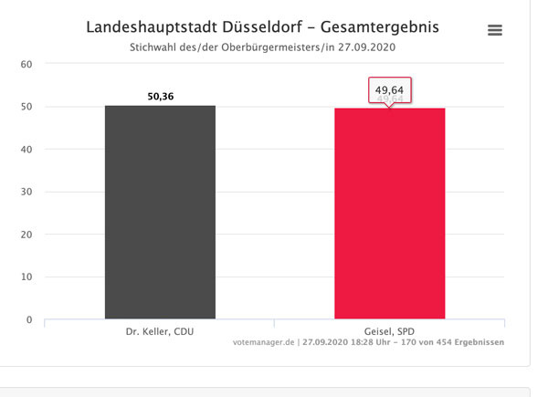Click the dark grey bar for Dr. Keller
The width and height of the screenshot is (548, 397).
(x=160, y=213)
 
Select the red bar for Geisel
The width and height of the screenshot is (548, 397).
(x=390, y=214)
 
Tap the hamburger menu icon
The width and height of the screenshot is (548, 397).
(x=495, y=30)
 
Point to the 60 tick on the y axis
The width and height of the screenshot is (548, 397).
(x=26, y=64)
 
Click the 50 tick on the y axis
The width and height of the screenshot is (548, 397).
(x=26, y=107)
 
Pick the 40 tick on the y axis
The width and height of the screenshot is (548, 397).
(x=26, y=149)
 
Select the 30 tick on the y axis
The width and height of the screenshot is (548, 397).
(x=26, y=192)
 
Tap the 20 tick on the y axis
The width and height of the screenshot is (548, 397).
(x=26, y=235)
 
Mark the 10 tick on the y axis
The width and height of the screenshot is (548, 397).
(x=26, y=277)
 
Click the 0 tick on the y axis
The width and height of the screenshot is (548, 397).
(x=29, y=319)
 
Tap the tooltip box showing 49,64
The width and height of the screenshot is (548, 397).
(x=390, y=90)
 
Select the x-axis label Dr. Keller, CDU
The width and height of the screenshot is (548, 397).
(x=160, y=331)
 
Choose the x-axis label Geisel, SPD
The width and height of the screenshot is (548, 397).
(x=390, y=331)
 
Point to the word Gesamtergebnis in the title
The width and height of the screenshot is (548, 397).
(x=385, y=27)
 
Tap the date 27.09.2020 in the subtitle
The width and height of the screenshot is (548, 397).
(x=369, y=47)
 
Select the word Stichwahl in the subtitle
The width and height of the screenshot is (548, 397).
(x=162, y=47)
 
